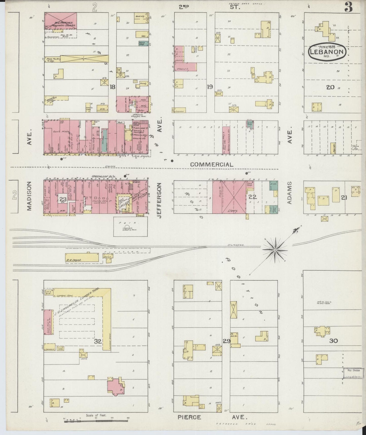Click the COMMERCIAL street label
[211, 164]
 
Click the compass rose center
[275, 250]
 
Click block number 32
[98, 341]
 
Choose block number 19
[209, 87]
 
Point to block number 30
[333, 341]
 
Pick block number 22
[253, 196]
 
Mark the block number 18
[112, 87]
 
